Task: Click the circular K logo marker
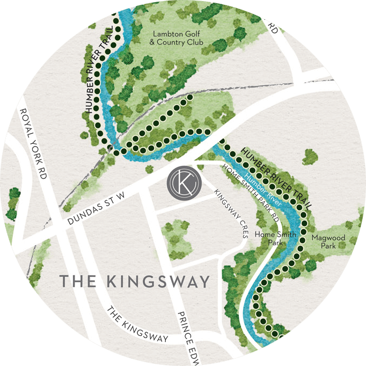coord(182,182)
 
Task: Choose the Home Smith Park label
coord(268,238)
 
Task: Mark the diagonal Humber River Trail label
coord(279,171)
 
